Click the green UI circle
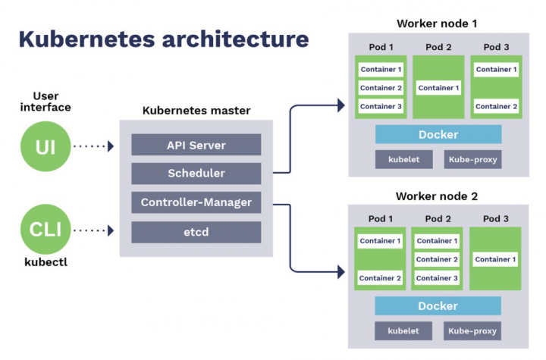coord(45,146)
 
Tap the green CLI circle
coord(45,228)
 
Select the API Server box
coord(196,145)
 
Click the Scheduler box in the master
coord(196,174)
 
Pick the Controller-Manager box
coord(196,202)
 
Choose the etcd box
coord(196,232)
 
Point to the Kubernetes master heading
coord(196,111)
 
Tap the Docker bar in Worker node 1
coord(438,134)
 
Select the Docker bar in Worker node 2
coord(438,306)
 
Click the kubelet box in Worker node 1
coord(403,159)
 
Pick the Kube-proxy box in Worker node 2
coord(472,331)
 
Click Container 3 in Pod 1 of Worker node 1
coord(381,106)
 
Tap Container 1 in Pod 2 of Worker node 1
coord(438,88)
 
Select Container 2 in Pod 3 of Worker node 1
coord(496,106)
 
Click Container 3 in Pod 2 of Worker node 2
coord(438,278)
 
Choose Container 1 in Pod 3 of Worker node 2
coord(496,260)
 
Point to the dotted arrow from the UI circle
coord(93,146)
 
